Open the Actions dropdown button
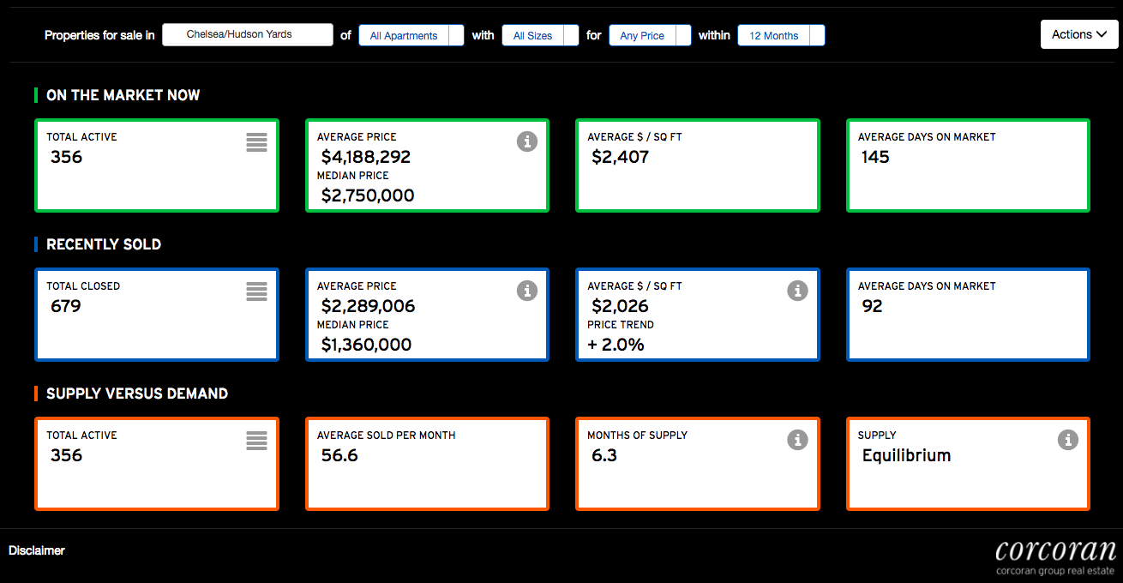1079,34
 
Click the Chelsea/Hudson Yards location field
248,34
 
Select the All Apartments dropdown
411,36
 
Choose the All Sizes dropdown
540,36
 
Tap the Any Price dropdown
650,36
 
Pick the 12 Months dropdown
781,36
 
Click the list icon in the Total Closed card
256,291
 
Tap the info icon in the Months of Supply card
797,440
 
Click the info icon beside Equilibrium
1068,440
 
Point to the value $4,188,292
366,157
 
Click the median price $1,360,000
367,345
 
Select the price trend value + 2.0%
616,345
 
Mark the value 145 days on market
875,157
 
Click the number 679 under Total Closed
66,306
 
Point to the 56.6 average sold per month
339,455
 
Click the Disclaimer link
37,550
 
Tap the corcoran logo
1055,557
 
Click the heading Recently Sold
104,244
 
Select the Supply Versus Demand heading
137,394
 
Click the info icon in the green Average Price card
527,141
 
